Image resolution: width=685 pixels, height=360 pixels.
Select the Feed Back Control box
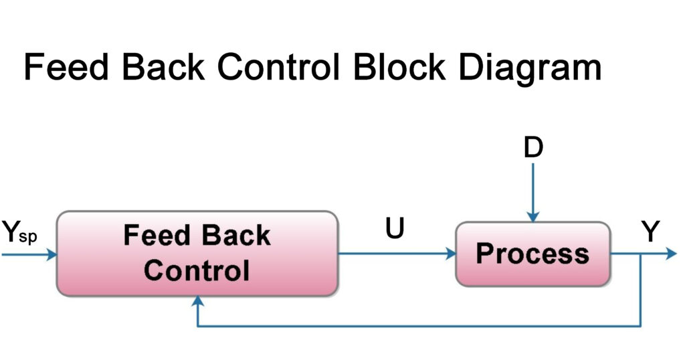pyautogui.click(x=197, y=254)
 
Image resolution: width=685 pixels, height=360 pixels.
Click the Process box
pyautogui.click(x=532, y=254)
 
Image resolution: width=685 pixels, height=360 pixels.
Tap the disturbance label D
pyautogui.click(x=533, y=148)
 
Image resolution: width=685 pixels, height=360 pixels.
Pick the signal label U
pyautogui.click(x=395, y=230)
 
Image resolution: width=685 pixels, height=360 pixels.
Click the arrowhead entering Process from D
pyautogui.click(x=532, y=217)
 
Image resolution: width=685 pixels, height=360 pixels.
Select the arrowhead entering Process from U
pyautogui.click(x=450, y=254)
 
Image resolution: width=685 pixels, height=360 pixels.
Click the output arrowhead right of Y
pyautogui.click(x=672, y=254)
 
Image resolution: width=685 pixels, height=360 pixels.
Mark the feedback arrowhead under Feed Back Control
pyautogui.click(x=197, y=302)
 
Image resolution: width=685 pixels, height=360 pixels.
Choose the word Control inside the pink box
pyautogui.click(x=197, y=271)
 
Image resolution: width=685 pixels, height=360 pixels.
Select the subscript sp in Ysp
pyautogui.click(x=28, y=238)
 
